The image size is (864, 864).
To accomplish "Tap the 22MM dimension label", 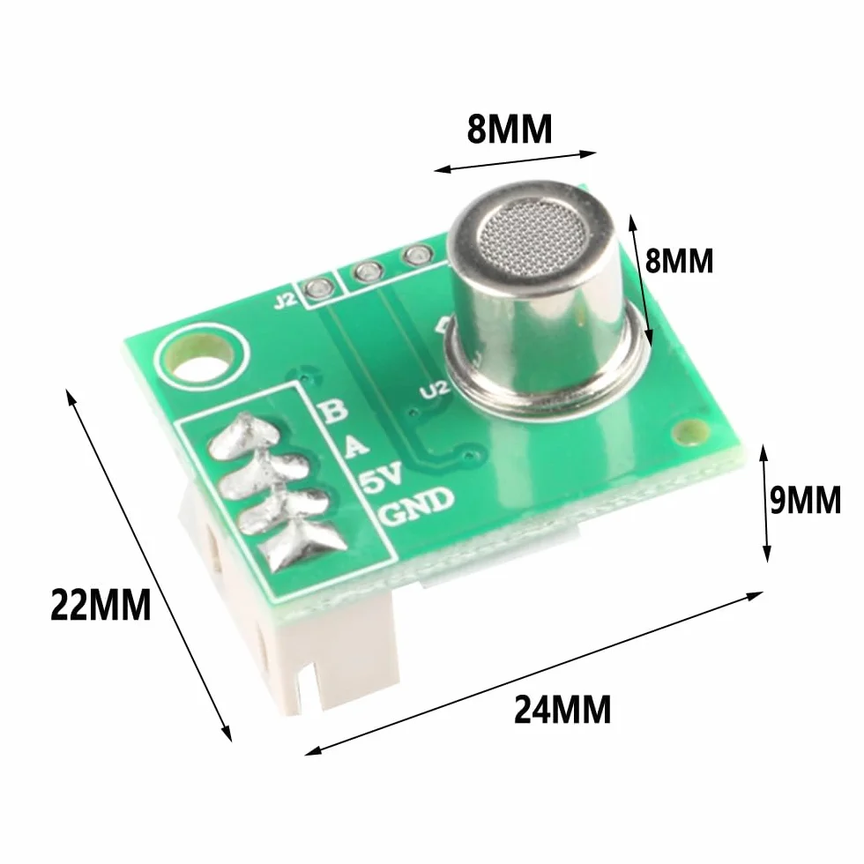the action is [101, 605].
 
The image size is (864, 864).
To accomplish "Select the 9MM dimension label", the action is [806, 499].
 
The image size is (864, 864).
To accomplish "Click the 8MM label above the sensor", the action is [510, 130].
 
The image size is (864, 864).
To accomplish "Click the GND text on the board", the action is [417, 507].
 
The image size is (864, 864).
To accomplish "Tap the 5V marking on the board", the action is [382, 477].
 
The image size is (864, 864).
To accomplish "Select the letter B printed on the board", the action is [334, 410].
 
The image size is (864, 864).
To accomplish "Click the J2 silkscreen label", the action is [286, 301].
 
